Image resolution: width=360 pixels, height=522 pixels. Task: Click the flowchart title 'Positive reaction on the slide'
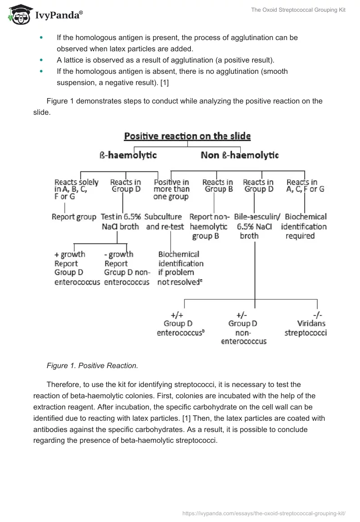tap(187, 136)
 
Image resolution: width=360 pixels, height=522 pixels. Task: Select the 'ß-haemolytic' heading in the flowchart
tap(128, 155)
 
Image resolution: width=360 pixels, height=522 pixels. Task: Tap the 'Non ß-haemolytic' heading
tap(240, 155)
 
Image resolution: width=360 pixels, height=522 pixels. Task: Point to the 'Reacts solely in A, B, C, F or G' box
tap(76, 189)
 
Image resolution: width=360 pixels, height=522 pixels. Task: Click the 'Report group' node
tap(74, 217)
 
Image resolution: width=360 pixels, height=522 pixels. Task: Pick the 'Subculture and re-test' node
tap(165, 222)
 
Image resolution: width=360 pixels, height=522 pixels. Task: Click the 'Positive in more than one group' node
tap(171, 189)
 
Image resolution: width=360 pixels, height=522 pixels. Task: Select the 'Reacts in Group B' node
tap(217, 185)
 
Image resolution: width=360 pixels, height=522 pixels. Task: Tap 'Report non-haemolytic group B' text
tap(209, 226)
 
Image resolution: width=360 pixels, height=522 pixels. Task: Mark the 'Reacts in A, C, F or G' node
tap(305, 185)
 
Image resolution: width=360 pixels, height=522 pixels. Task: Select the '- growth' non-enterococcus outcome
tap(126, 268)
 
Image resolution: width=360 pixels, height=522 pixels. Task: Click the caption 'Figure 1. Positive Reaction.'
tap(92, 366)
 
